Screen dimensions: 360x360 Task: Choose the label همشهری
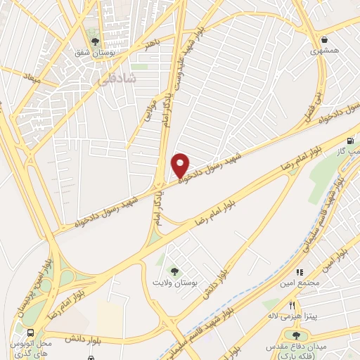(324, 51)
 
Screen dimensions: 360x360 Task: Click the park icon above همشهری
(324, 39)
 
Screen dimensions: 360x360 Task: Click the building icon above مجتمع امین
(300, 272)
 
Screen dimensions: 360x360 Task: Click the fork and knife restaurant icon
(292, 304)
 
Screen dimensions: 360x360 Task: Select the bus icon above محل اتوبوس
(30, 333)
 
